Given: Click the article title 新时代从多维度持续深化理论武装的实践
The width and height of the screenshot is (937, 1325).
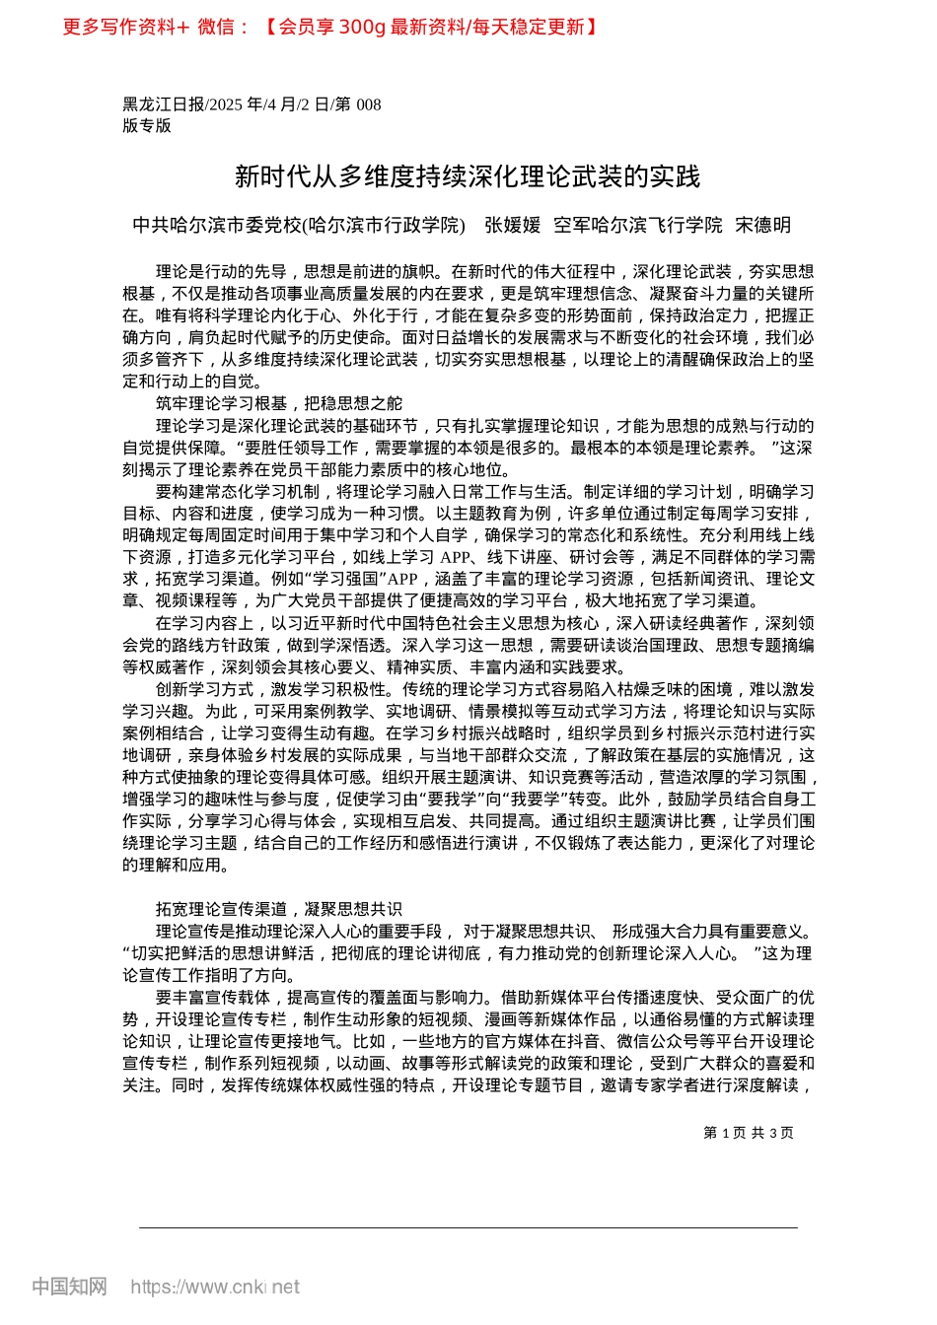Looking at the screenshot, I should [468, 176].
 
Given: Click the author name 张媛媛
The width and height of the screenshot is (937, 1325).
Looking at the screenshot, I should [513, 226].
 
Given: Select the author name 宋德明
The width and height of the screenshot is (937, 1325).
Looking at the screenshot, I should [763, 226].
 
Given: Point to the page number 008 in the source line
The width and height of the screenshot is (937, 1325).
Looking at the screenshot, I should [368, 105].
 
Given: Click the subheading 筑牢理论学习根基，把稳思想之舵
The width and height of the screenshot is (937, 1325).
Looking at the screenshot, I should [279, 404].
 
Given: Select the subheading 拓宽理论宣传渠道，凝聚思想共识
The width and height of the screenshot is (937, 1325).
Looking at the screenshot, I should [279, 909].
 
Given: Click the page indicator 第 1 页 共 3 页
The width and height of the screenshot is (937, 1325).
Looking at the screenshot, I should [748, 1133].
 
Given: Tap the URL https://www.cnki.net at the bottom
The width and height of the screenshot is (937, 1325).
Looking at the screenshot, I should [215, 1287].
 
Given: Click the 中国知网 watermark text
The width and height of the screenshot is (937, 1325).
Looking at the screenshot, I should [69, 1287].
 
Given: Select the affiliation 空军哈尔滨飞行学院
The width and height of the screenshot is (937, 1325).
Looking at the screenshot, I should [638, 226].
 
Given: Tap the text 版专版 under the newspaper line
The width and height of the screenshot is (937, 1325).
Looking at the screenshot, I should [147, 125].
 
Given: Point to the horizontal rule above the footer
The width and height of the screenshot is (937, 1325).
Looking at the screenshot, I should [468, 1228].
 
